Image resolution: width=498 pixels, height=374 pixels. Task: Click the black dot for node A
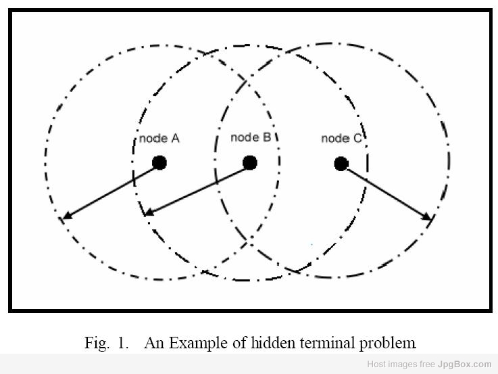click(x=159, y=162)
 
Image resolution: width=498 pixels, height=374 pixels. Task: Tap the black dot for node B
click(x=250, y=162)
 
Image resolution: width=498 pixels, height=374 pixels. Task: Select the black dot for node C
click(x=341, y=163)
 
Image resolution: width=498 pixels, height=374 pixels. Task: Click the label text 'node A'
click(x=159, y=139)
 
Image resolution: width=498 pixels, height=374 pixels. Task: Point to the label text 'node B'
click(x=250, y=137)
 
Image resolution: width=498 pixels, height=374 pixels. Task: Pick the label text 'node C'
click(x=341, y=139)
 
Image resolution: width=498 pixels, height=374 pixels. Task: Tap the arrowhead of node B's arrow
click(x=149, y=214)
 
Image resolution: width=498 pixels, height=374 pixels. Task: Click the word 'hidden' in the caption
click(x=273, y=342)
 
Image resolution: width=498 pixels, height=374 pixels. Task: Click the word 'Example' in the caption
click(x=199, y=343)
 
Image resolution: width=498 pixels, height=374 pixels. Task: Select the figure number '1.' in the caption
click(x=122, y=343)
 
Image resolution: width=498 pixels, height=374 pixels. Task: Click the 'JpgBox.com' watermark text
click(x=468, y=364)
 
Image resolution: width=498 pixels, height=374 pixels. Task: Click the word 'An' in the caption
click(x=155, y=343)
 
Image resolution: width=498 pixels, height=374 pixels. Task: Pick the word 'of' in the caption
click(x=240, y=342)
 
